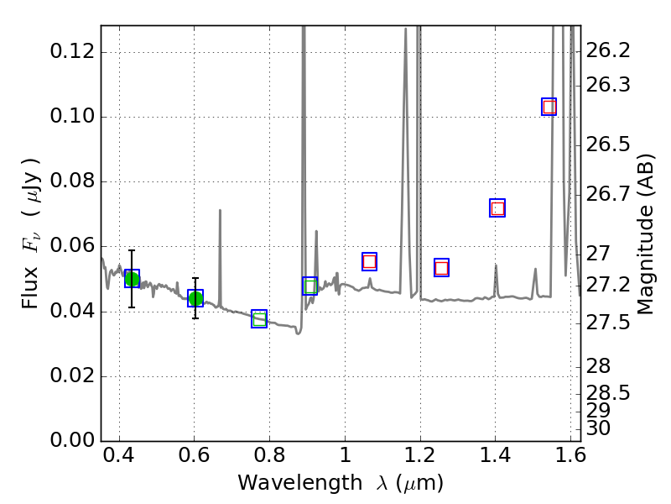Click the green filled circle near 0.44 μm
pyautogui.click(x=132, y=280)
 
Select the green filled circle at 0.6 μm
pyautogui.click(x=195, y=298)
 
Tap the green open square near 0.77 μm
pyautogui.click(x=259, y=319)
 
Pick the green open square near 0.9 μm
pyautogui.click(x=309, y=286)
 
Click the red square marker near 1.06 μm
pyautogui.click(x=369, y=261)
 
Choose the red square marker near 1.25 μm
pyautogui.click(x=441, y=268)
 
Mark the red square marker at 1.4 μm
pyautogui.click(x=497, y=208)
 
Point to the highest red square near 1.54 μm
pyautogui.click(x=549, y=107)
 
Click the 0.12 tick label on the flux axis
pyautogui.click(x=72, y=52)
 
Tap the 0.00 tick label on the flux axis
pyautogui.click(x=72, y=440)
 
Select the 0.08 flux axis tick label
pyautogui.click(x=72, y=181)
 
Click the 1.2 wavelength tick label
pyautogui.click(x=420, y=455)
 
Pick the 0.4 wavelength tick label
pyautogui.click(x=119, y=455)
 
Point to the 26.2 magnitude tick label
pyautogui.click(x=607, y=50)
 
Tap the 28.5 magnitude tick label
pyautogui.click(x=607, y=393)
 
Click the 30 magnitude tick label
pyautogui.click(x=598, y=428)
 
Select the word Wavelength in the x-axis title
pyautogui.click(x=300, y=483)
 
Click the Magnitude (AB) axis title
pyautogui.click(x=645, y=234)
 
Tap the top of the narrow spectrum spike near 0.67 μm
pyautogui.click(x=220, y=210)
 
